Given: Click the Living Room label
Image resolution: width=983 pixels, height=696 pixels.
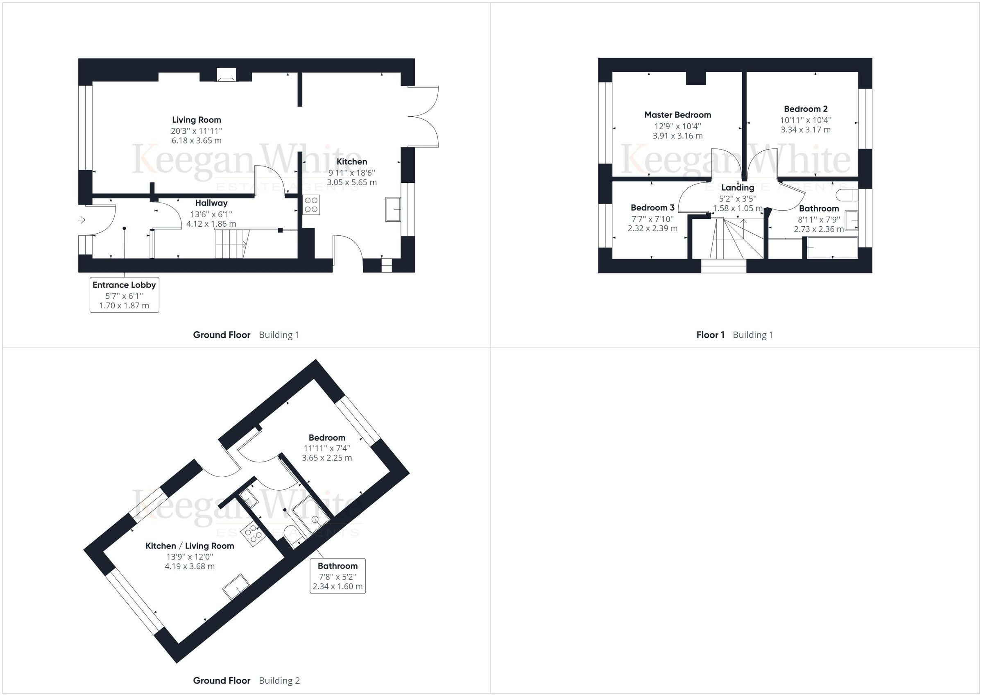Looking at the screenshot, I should (x=197, y=120).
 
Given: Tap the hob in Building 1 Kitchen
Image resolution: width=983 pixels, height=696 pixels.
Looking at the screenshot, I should (x=311, y=205).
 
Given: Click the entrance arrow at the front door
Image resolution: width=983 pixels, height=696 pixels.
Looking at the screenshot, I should (x=82, y=220).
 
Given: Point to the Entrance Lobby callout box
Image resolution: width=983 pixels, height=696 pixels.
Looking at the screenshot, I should (x=124, y=295).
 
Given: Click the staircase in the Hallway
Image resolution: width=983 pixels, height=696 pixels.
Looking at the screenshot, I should (x=232, y=243).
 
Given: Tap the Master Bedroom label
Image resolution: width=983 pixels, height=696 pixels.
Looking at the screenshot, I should (x=677, y=115).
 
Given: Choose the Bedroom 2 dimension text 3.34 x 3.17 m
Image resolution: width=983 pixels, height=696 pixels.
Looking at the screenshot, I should (x=805, y=130).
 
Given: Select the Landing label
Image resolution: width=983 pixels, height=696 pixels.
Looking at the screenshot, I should (x=737, y=188).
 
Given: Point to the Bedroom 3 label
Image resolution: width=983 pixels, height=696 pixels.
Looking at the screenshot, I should (x=652, y=208).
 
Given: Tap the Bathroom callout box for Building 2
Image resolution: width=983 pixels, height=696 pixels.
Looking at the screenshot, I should (x=337, y=575).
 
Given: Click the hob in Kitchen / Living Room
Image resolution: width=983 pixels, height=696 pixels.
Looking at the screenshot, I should (x=252, y=534).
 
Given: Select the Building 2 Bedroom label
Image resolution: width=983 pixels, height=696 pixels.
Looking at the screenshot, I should (x=327, y=438).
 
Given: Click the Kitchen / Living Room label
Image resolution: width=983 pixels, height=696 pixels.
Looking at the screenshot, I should (x=190, y=546).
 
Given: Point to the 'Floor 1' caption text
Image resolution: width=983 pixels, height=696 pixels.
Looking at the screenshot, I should (x=710, y=335).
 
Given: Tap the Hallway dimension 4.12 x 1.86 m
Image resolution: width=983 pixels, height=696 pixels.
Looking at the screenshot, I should (x=211, y=224).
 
